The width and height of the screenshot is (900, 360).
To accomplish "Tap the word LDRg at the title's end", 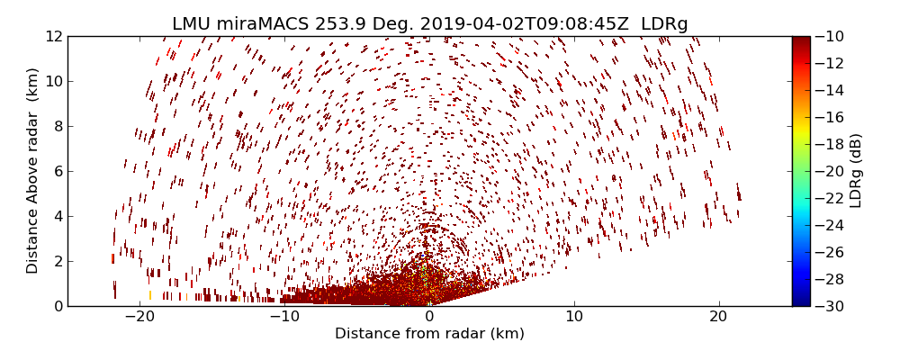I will [x=664, y=24].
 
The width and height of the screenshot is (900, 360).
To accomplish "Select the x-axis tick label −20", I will [x=139, y=318].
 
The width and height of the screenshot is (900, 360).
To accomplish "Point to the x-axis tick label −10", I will [x=284, y=318].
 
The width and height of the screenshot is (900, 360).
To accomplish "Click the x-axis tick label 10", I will [x=574, y=318].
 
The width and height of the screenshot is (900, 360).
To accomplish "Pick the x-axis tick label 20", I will [x=718, y=318].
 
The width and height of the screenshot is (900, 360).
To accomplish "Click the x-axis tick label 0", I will [x=429, y=318].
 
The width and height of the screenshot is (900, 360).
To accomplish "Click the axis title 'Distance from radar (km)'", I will [x=429, y=334].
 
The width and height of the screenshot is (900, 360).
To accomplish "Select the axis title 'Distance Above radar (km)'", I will [x=33, y=171].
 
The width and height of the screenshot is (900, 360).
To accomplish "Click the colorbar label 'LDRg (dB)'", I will [x=855, y=171].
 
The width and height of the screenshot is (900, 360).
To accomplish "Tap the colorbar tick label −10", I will [x=830, y=37].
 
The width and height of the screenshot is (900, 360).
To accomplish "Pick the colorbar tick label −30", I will [x=830, y=306].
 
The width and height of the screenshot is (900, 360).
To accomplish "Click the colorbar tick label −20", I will [x=830, y=171].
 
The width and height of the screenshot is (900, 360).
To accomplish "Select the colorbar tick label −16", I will [x=830, y=117].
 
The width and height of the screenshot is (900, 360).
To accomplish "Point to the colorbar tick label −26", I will [x=830, y=252].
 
